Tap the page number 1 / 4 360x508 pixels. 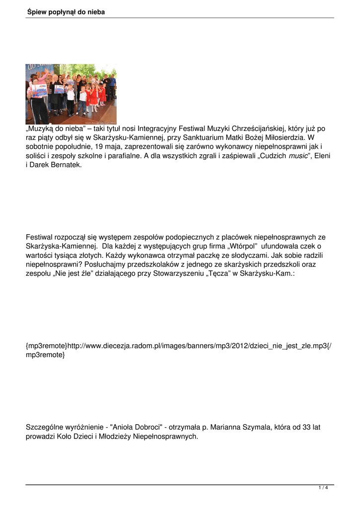tap(323, 488)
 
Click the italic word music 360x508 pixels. tap(298, 156)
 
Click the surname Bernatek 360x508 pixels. tap(65, 165)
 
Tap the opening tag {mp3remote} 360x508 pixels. tap(46, 345)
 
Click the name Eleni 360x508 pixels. tap(323, 156)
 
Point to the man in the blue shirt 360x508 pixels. tap(113, 84)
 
